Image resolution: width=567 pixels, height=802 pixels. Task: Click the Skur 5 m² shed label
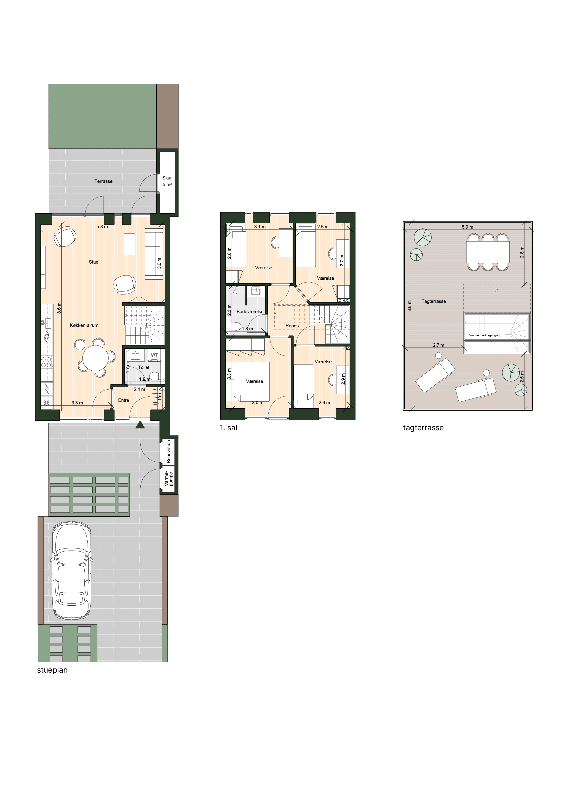[x=167, y=181]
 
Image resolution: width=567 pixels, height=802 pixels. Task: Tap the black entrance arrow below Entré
[x=140, y=425]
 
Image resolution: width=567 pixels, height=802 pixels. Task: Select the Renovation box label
[x=169, y=451]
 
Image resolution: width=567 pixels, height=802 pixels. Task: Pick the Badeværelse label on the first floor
[x=250, y=312]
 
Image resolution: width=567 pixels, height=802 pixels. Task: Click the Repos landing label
[x=292, y=326]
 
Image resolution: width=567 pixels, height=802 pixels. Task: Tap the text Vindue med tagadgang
[x=485, y=335]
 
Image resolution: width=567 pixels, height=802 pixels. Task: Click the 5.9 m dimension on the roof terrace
[x=468, y=227]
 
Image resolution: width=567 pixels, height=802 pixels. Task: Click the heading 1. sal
[x=228, y=428]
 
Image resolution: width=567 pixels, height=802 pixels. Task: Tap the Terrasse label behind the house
[x=103, y=181]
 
